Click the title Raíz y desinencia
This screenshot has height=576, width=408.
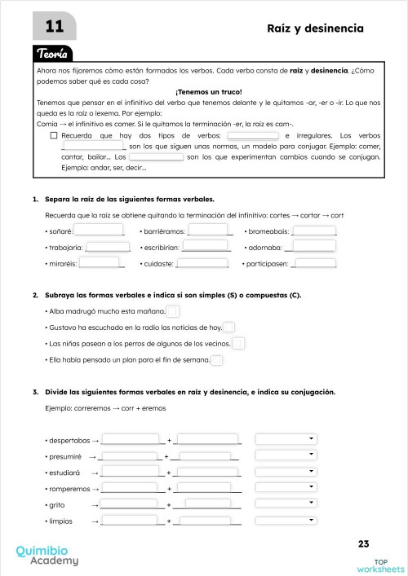tap(315, 29)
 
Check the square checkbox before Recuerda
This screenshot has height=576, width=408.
tap(53, 135)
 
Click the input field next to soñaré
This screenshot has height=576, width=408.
tap(100, 231)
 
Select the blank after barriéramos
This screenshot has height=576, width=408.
tap(206, 231)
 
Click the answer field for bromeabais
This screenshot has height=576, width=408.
tap(314, 231)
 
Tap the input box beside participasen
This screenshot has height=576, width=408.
tap(315, 263)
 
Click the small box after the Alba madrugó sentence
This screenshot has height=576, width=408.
tap(172, 311)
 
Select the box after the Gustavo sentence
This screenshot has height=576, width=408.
tap(229, 328)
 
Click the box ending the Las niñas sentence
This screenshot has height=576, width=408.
tap(238, 344)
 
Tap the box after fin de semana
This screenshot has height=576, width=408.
tap(217, 360)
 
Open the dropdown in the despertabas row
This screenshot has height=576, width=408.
tap(286, 439)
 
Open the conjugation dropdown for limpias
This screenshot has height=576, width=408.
tap(286, 521)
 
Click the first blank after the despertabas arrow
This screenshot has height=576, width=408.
tap(131, 440)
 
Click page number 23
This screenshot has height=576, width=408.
tap(363, 543)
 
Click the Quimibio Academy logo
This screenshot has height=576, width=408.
tap(47, 555)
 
